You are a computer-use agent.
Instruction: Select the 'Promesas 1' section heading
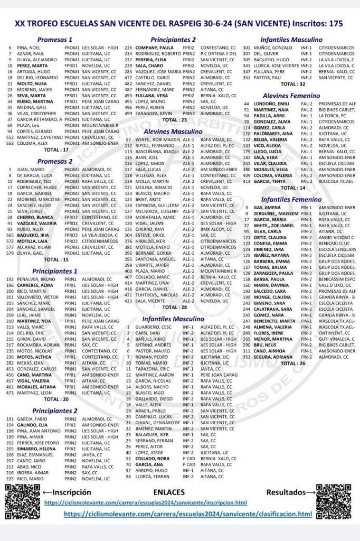55,40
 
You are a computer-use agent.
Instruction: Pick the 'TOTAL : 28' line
174,307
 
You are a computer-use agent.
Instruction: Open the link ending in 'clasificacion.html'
188,514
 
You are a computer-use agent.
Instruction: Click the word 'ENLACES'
175,492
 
